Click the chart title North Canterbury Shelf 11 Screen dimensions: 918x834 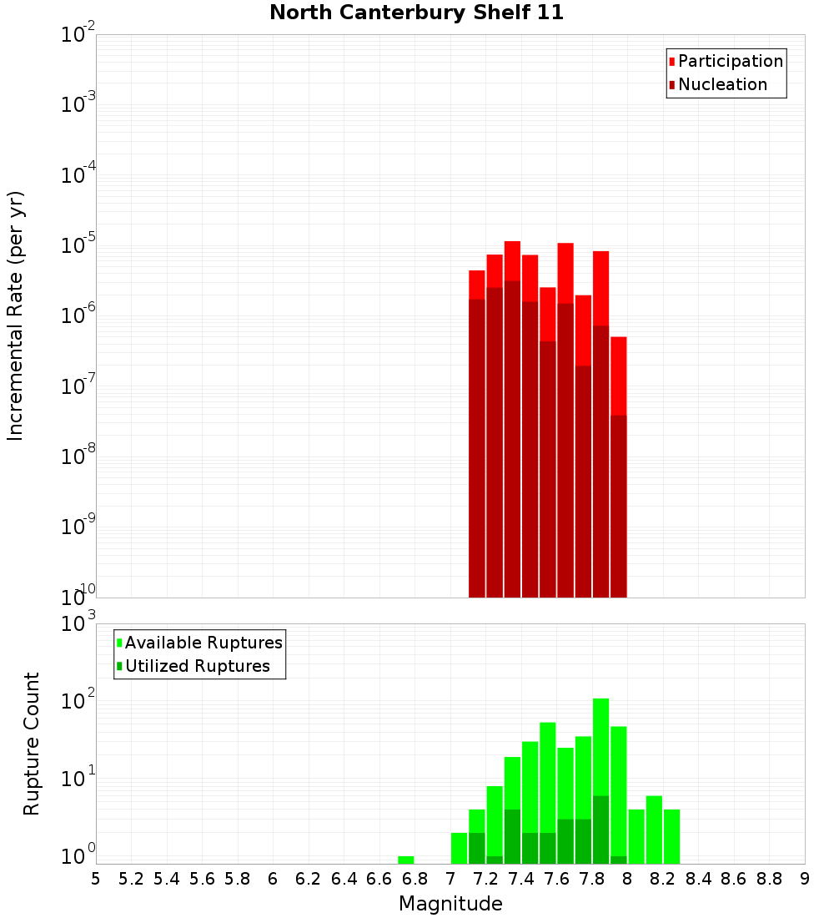[x=417, y=13]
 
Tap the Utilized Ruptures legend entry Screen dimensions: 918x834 [x=197, y=666]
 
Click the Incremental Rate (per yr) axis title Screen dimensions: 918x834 [x=16, y=316]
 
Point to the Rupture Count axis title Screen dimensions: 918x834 [x=32, y=744]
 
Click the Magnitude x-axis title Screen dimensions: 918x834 [x=450, y=904]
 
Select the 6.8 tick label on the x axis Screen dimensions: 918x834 [x=414, y=879]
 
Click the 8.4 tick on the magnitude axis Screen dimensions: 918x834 [x=698, y=879]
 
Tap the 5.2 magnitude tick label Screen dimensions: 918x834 [x=131, y=879]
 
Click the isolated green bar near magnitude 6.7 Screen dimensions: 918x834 [x=406, y=860]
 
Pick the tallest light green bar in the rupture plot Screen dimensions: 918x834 [x=601, y=743]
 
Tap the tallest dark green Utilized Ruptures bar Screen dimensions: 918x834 [x=601, y=830]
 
